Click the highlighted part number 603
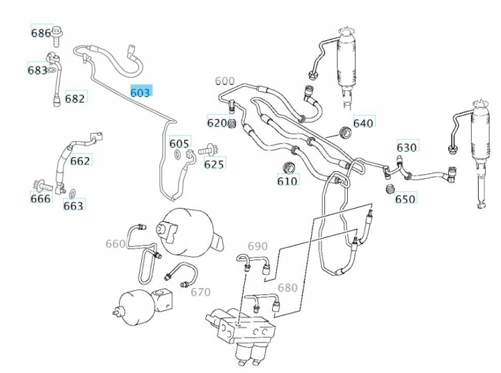point(140,92)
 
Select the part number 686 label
point(41,33)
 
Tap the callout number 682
point(74,98)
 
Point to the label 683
point(37,70)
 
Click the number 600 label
point(225,81)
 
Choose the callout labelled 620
point(216,123)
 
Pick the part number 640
point(363,123)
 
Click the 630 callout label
point(406,147)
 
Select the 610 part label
point(287,181)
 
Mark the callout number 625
point(214,164)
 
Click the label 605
point(179,142)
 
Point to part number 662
point(80,161)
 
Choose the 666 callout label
point(40,198)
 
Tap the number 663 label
point(73,205)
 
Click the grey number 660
point(116,244)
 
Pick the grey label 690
point(257,246)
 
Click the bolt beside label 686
point(58,32)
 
